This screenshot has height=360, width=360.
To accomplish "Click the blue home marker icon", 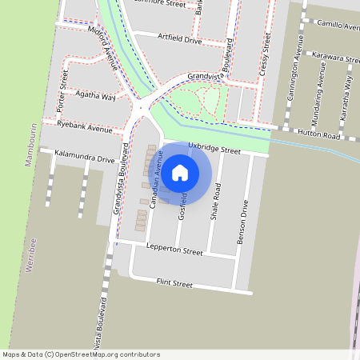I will click(180, 171).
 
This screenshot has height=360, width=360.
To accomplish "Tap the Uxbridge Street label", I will click(214, 149).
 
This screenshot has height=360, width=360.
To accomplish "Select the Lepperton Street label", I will click(175, 250).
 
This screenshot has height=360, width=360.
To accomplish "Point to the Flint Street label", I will click(174, 283).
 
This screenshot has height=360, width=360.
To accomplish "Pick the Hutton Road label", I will click(320, 137).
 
